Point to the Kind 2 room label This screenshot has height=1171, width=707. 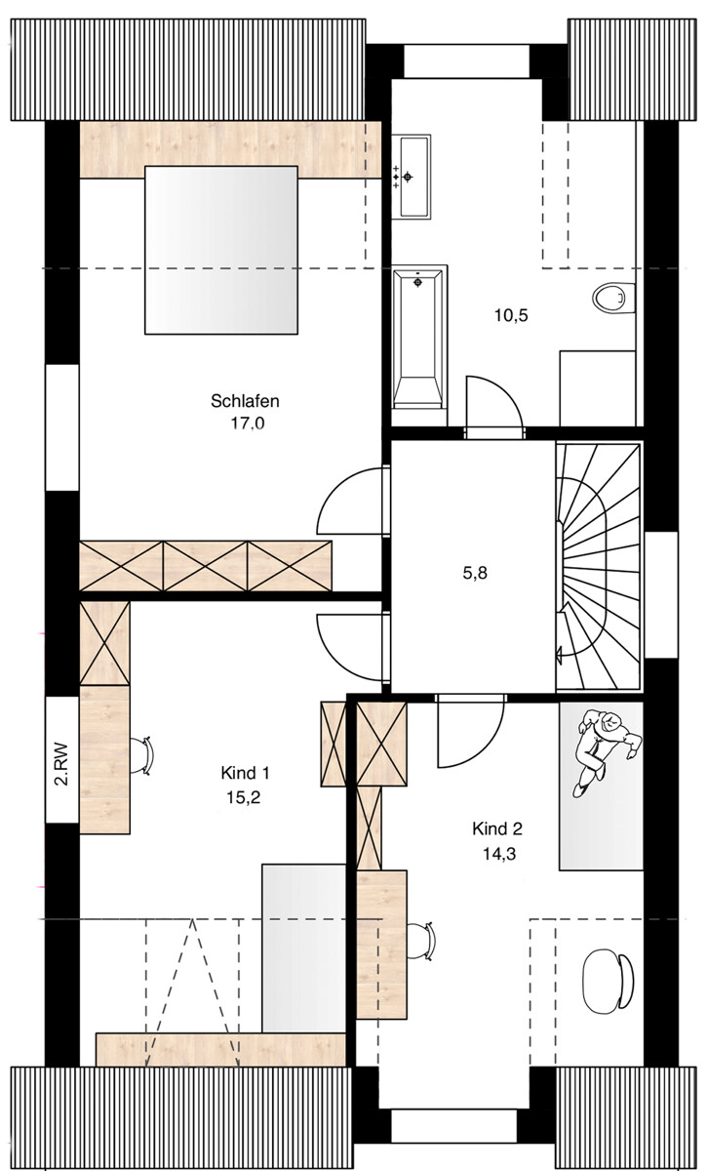[x=497, y=829]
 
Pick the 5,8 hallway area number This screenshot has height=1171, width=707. [x=474, y=573]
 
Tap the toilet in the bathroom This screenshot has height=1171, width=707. [x=612, y=295]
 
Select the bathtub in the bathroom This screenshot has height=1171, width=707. [x=418, y=336]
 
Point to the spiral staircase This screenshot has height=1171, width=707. [x=596, y=566]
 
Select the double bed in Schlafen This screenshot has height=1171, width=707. [x=221, y=249]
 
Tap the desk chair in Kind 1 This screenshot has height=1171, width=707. [x=146, y=753]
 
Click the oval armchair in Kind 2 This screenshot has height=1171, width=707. [x=607, y=979]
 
